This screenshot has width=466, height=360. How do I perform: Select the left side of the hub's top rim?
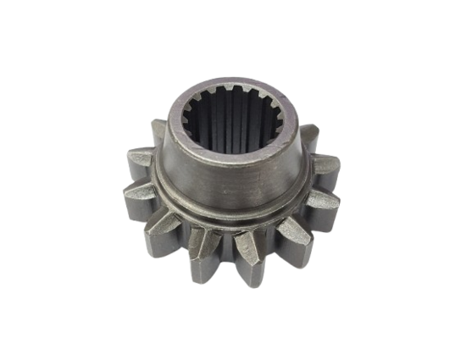(169, 127)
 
